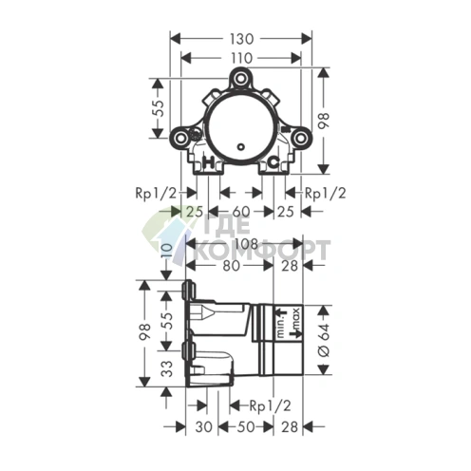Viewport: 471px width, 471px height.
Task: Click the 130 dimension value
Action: [x=241, y=39]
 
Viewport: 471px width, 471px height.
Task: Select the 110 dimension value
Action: [x=241, y=58]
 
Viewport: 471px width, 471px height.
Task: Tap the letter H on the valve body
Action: [x=209, y=162]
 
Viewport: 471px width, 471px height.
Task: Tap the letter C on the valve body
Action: [x=273, y=162]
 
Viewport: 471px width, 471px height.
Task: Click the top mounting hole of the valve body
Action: [x=241, y=78]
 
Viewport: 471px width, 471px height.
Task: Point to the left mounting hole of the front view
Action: [x=181, y=139]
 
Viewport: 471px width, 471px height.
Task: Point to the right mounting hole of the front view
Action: [x=301, y=139]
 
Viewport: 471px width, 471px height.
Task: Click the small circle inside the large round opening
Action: [x=241, y=147]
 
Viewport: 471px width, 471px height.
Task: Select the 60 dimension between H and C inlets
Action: [x=241, y=212]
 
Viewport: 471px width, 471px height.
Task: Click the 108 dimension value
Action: [x=247, y=244]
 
